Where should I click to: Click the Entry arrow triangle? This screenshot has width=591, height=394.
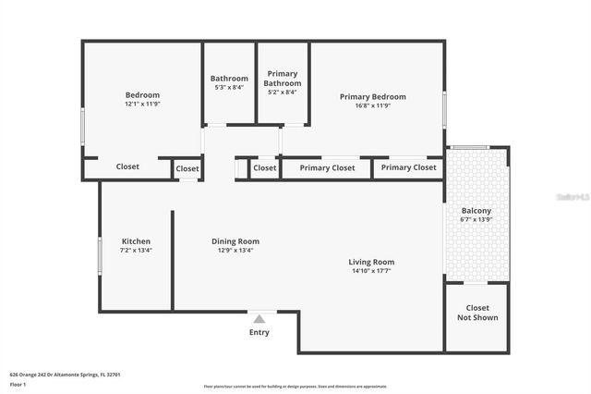[259, 319]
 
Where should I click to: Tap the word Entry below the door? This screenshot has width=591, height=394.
[259, 332]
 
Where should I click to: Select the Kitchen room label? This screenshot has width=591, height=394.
[136, 241]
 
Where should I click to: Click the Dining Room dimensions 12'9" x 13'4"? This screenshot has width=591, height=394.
[235, 250]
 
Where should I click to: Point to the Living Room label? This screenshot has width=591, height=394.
[372, 262]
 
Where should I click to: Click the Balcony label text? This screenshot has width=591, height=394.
[476, 211]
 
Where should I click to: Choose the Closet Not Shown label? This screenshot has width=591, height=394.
[477, 313]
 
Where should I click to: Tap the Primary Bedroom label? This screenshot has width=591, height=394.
[372, 96]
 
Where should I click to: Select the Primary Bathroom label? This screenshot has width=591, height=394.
[283, 79]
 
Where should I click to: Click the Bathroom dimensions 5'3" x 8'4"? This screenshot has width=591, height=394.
[229, 88]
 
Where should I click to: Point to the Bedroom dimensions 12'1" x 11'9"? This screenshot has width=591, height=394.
[142, 104]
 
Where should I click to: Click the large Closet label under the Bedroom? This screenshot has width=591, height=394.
[127, 167]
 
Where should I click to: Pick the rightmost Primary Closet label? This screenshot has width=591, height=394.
[408, 167]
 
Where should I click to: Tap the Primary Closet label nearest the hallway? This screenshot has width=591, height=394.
[327, 168]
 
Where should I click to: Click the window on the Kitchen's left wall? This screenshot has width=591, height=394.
[100, 255]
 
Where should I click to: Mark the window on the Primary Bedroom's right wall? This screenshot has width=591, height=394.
[444, 109]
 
